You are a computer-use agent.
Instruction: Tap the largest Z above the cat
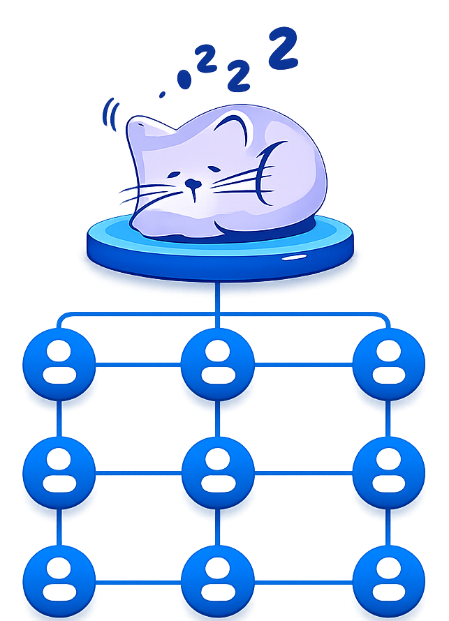tap(282, 49)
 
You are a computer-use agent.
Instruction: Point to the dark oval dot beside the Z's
tap(184, 80)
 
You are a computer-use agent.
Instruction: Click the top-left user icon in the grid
tap(59, 362)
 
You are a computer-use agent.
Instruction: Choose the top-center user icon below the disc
tap(217, 363)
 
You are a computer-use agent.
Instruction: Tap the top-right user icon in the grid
tap(388, 363)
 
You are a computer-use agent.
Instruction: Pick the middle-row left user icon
tap(59, 471)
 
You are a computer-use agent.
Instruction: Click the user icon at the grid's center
tap(217, 471)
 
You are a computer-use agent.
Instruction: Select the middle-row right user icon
tap(388, 471)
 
